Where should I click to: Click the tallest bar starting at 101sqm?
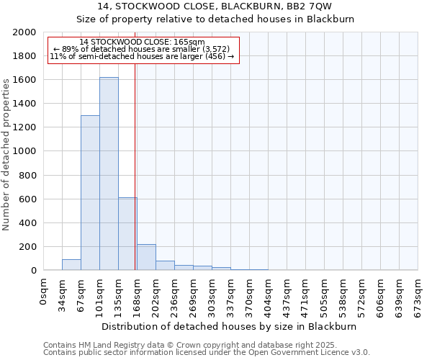(x=109, y=174)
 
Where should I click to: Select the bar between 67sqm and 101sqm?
(x=90, y=193)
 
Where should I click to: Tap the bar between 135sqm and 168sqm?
(x=127, y=234)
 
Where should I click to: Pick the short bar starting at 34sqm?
(x=71, y=265)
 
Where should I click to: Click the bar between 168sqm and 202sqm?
(x=146, y=257)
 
